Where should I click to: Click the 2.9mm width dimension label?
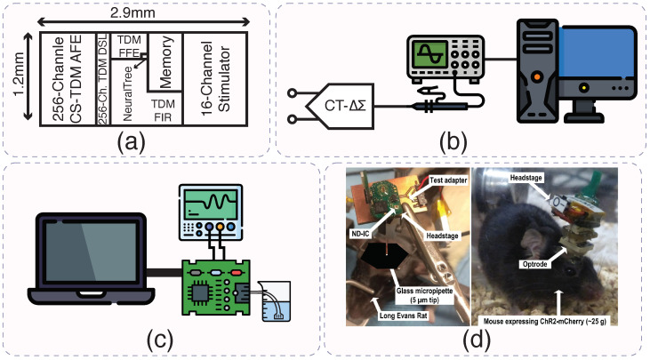click(x=132, y=12)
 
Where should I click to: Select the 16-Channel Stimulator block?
click(x=215, y=79)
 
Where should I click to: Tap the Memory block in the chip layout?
click(x=165, y=62)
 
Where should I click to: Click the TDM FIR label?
click(x=163, y=110)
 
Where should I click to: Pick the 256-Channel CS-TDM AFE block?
click(x=68, y=79)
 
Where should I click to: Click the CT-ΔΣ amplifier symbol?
click(x=340, y=106)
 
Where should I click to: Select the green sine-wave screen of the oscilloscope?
click(x=430, y=55)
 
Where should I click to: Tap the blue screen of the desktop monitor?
click(x=597, y=52)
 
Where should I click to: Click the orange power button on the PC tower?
click(x=537, y=76)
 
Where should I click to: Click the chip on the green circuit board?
click(x=199, y=293)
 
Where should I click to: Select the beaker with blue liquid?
click(x=274, y=300)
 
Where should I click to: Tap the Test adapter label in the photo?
click(x=448, y=180)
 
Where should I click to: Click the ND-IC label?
click(x=360, y=234)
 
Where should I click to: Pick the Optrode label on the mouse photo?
click(x=534, y=264)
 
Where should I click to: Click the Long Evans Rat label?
click(x=404, y=316)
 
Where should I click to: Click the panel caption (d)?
click(x=477, y=340)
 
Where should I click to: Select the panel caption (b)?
click(x=453, y=141)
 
